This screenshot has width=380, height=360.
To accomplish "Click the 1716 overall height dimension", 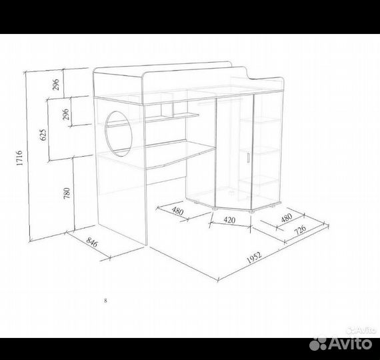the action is (19, 158).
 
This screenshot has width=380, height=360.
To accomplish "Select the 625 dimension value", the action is (43, 135).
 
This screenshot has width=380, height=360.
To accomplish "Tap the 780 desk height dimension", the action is (67, 193).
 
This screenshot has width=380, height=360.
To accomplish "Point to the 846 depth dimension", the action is (92, 242).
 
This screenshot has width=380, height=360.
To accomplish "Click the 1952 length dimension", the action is (254, 258).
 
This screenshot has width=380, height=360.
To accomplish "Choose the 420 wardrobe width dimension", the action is (229, 220).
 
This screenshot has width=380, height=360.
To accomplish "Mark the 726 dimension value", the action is (300, 229).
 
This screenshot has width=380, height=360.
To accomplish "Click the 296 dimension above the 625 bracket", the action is (56, 85).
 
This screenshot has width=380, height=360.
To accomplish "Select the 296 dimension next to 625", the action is (66, 114).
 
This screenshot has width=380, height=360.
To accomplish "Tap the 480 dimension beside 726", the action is (287, 217).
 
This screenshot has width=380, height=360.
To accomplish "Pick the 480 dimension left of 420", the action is (178, 211).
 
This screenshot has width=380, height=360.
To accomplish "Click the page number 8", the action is (105, 301).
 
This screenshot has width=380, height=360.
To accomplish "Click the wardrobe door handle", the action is (248, 157).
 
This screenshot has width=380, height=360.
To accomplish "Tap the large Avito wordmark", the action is (350, 343).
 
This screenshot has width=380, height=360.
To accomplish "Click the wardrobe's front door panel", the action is (234, 153).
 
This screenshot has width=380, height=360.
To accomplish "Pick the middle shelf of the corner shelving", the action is (259, 151).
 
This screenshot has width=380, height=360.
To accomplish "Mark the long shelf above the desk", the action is (153, 120).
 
